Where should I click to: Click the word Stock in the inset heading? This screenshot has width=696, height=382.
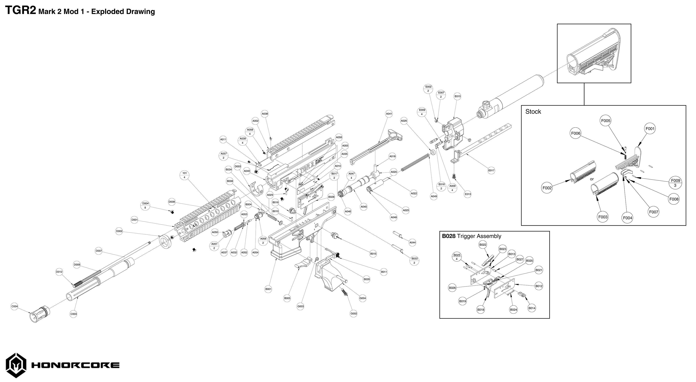[x=533, y=112]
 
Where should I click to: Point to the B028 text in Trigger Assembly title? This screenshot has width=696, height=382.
[x=448, y=236]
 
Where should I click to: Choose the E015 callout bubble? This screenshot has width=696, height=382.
[x=457, y=96]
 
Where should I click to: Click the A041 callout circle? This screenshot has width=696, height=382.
[x=389, y=114]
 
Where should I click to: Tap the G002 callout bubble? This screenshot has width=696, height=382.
[x=354, y=313]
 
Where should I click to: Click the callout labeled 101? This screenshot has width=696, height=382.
[x=184, y=175]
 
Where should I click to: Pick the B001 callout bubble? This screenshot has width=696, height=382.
[x=268, y=289]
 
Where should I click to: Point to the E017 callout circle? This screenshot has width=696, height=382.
[x=491, y=170]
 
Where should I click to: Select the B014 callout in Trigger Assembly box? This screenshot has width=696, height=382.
[x=532, y=308]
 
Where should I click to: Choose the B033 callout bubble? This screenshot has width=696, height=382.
[x=415, y=260]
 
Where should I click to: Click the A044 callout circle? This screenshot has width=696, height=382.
[x=412, y=242]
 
